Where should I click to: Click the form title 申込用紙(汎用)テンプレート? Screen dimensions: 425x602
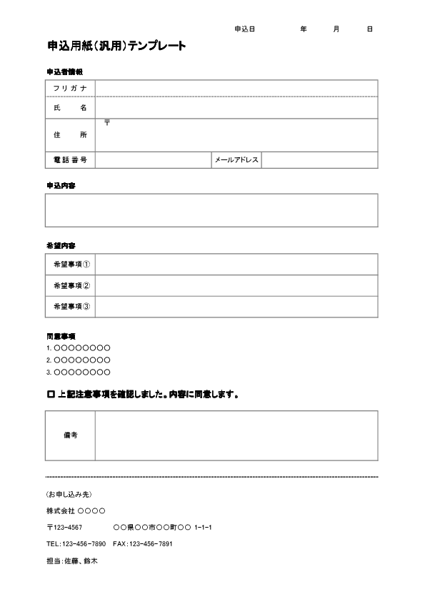(x=116, y=46)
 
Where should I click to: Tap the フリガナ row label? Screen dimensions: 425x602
(x=70, y=88)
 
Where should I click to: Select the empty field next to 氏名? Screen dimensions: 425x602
(x=236, y=107)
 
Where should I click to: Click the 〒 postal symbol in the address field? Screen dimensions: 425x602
(x=107, y=123)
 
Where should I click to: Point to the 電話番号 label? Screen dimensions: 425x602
(x=70, y=160)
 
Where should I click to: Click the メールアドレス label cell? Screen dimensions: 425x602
(x=236, y=160)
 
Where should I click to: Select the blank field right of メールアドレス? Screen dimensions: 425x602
(x=319, y=160)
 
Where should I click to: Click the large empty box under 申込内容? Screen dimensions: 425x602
(x=211, y=210)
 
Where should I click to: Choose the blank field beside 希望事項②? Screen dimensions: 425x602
(x=236, y=285)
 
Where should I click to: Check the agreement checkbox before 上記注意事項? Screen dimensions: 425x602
(x=50, y=394)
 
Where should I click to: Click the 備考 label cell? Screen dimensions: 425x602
(x=70, y=435)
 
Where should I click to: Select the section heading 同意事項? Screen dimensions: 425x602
(x=61, y=335)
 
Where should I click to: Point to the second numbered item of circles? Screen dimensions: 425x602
(x=78, y=360)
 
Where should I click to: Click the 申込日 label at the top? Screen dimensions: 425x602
(x=244, y=29)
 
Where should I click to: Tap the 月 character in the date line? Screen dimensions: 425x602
(x=336, y=29)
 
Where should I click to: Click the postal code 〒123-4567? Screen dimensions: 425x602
(x=64, y=528)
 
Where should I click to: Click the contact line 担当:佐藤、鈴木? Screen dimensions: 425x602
(x=71, y=561)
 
